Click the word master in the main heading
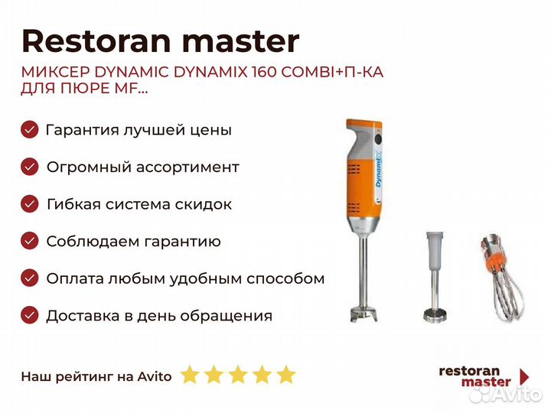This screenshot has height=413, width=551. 241,42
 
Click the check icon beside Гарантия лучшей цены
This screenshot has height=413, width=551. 30,129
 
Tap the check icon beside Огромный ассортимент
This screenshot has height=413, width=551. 30,167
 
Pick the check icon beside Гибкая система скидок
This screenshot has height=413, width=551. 30,204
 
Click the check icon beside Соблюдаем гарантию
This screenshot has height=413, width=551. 30,241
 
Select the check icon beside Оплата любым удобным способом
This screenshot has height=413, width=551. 30,278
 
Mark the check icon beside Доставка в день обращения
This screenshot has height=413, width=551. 30,315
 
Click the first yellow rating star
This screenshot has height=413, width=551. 190,374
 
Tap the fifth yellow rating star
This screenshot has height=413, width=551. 286,374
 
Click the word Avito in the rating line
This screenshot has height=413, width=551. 155,376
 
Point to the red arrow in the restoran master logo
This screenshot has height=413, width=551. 524,376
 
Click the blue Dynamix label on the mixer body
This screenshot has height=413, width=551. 379,171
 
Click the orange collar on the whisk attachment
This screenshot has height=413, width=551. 495,261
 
